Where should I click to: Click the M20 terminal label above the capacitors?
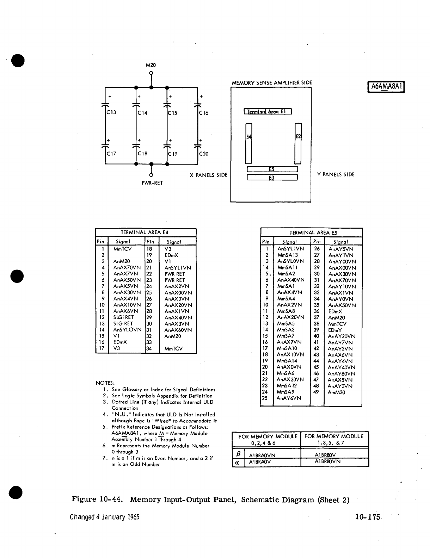point(150,65)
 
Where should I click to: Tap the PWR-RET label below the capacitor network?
point(152,183)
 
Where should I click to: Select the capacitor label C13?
point(111,113)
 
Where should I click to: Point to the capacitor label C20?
point(204,154)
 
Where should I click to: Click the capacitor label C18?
point(142,154)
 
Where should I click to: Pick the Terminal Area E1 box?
point(268,112)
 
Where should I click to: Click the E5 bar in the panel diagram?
point(272,169)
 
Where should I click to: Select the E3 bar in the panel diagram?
point(272,178)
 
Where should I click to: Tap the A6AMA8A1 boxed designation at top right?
point(386,87)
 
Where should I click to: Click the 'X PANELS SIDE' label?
point(209,175)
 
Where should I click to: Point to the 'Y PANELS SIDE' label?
point(336,174)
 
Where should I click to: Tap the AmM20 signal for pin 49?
point(337,392)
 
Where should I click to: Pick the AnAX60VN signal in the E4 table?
point(178,330)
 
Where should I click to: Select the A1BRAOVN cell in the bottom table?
point(262,455)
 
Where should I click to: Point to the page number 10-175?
point(368,517)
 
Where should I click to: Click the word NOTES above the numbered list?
point(105,383)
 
